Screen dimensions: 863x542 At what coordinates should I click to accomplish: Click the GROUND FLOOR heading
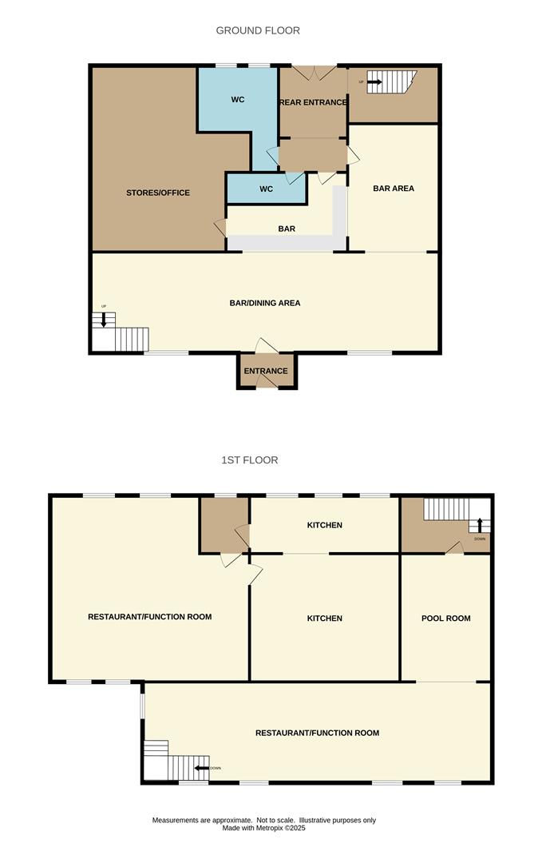click(258, 30)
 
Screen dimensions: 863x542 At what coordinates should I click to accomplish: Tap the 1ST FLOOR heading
click(250, 460)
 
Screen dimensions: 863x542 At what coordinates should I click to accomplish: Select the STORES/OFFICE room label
click(158, 193)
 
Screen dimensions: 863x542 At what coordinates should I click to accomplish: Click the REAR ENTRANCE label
click(313, 102)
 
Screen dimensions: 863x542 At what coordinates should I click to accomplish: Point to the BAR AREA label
click(394, 189)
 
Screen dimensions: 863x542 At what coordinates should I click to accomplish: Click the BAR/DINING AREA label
click(264, 303)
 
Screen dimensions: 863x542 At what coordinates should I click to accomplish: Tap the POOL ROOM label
click(445, 618)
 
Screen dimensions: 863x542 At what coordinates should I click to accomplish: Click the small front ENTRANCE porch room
click(266, 371)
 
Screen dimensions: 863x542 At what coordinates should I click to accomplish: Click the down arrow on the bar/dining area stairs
click(104, 320)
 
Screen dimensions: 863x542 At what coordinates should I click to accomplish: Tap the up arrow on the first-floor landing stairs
click(480, 525)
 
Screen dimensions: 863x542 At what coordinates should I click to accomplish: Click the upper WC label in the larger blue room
click(238, 100)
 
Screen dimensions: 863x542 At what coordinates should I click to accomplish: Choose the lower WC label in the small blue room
click(267, 189)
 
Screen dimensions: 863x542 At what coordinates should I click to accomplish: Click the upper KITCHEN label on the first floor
click(325, 525)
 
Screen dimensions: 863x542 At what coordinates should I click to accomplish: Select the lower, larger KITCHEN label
click(325, 618)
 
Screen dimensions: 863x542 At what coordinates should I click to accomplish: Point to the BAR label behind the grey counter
click(287, 229)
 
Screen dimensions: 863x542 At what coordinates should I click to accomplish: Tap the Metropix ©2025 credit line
click(263, 828)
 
